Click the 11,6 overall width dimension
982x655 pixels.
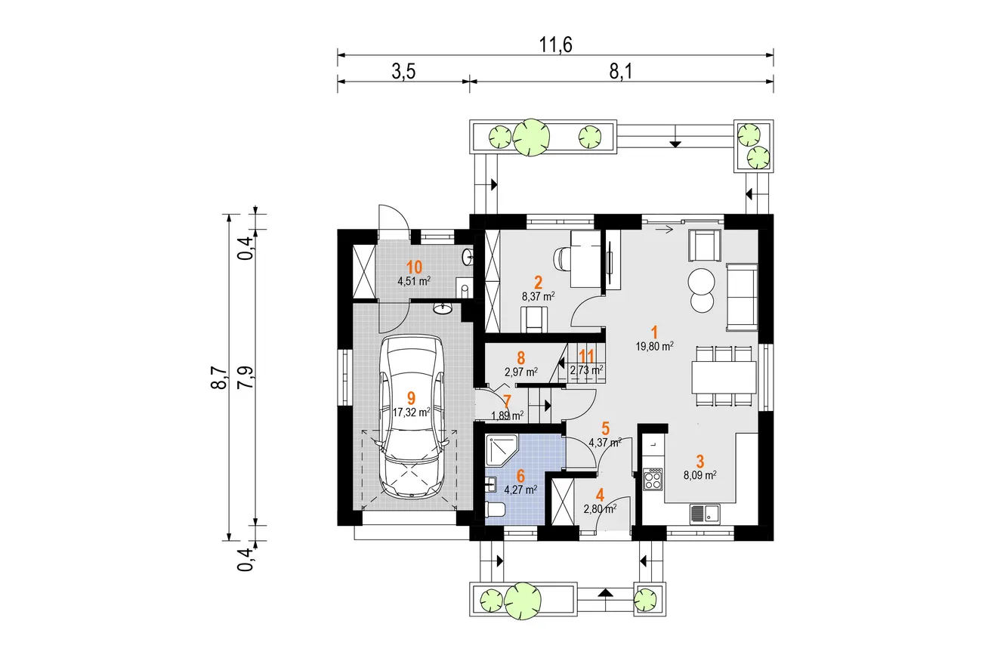555,45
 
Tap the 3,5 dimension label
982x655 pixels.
403,72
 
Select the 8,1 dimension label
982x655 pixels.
621,72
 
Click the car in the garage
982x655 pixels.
412,417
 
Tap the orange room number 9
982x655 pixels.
411,398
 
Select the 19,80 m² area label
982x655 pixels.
654,346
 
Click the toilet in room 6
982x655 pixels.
496,510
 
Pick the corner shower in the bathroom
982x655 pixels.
502,450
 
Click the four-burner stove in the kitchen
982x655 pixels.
653,479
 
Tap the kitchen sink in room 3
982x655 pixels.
705,514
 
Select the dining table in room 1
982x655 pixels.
724,377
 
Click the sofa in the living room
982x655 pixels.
742,297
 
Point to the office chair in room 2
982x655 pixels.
563,259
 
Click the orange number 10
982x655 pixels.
414,267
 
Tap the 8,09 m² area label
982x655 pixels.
700,474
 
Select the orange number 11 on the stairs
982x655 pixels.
586,356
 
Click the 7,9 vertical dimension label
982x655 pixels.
246,377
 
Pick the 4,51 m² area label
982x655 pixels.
414,280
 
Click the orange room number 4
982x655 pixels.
600,495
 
